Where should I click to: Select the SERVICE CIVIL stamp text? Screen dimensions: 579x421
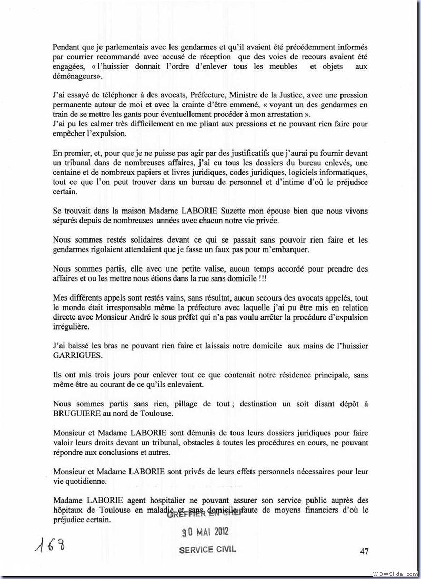(x=208, y=549)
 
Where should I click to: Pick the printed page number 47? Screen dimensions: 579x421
(x=364, y=551)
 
